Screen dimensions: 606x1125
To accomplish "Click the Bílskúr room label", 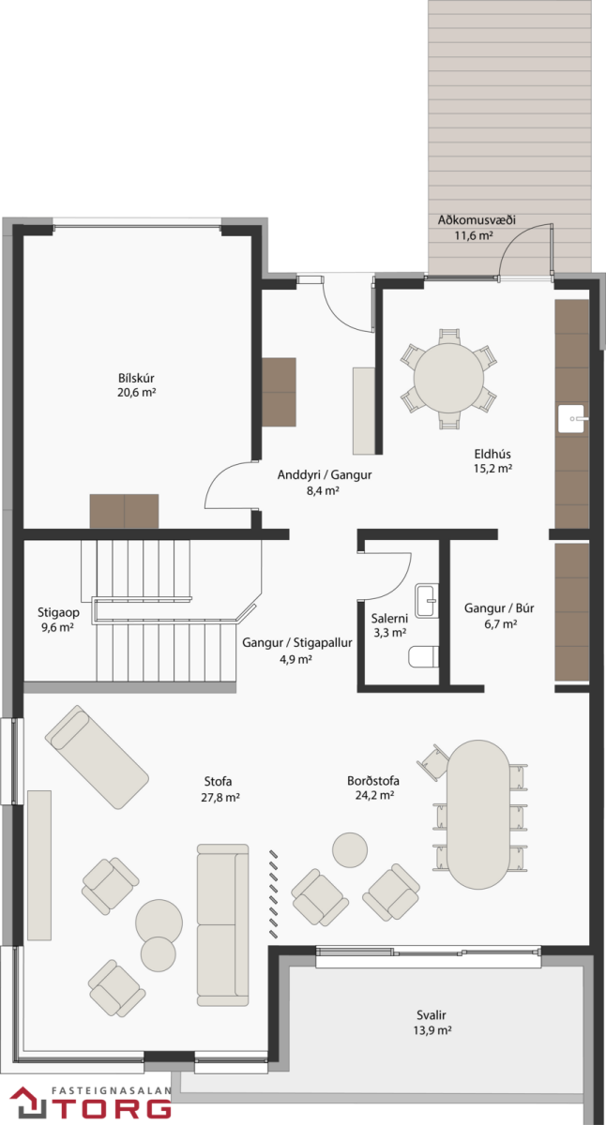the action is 136,378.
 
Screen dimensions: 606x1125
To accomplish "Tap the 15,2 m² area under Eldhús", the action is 492,469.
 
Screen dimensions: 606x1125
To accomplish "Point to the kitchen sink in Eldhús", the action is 571,418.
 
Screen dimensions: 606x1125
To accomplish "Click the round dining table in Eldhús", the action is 448,378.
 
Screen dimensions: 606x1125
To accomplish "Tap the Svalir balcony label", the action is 432,1015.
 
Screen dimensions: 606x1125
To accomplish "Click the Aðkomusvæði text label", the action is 477,219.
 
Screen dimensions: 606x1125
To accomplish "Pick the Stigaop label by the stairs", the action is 58,613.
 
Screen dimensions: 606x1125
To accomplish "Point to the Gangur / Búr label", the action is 498,608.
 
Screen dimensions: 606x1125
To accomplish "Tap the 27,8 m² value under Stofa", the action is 220,797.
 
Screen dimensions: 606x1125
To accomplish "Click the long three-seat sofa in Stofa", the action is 222,900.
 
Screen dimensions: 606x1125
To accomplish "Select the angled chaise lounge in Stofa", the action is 97,757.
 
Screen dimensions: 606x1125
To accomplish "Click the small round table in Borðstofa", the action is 350,849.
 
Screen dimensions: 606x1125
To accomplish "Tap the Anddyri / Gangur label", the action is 325,474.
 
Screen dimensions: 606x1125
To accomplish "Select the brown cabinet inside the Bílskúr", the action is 124,511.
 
